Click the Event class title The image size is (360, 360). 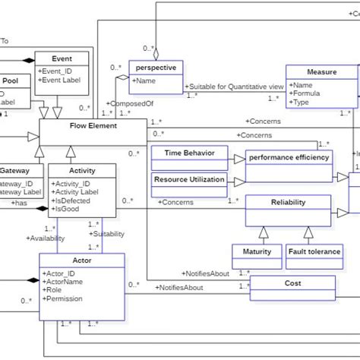pyautogui.click(x=62, y=58)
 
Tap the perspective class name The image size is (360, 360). pyautogui.click(x=154, y=67)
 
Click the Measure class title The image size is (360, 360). pyautogui.click(x=321, y=72)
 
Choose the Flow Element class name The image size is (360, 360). pyautogui.click(x=93, y=126)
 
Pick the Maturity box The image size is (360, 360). pyautogui.click(x=257, y=251)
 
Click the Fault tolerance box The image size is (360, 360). pyautogui.click(x=314, y=251)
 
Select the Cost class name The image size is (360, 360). pyautogui.click(x=292, y=283)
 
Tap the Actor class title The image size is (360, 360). pyautogui.click(x=81, y=261)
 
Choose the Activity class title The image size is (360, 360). pyautogui.click(x=82, y=171)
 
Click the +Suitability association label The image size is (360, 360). pyautogui.click(x=109, y=235)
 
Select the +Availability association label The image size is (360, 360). pyautogui.click(x=46, y=238)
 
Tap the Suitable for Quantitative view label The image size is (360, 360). pyautogui.click(x=232, y=87)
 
